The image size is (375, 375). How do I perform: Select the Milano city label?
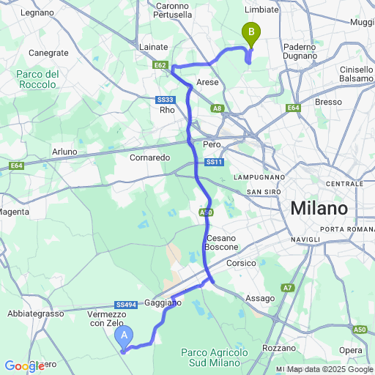[319, 207]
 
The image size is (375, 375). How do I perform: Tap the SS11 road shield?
[213, 162]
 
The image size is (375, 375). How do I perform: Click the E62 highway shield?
[162, 65]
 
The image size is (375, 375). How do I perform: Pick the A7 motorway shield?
[288, 287]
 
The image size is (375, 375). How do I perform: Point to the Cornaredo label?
[149, 157]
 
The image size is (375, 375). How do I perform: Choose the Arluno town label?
[64, 152]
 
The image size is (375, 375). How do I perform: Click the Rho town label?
[166, 110]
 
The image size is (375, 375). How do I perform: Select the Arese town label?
[208, 83]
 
